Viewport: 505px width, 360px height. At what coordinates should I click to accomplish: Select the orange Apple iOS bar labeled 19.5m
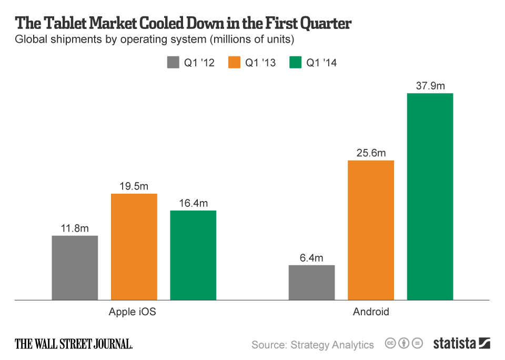click(x=134, y=247)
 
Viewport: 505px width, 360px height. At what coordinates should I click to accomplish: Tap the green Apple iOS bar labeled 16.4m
click(x=193, y=255)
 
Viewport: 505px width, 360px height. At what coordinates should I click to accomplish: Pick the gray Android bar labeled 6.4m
click(x=312, y=282)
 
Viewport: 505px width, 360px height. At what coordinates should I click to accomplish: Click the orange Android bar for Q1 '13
click(x=371, y=230)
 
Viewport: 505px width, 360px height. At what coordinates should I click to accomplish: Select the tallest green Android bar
click(x=430, y=196)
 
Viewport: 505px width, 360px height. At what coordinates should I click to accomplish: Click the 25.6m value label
click(x=371, y=153)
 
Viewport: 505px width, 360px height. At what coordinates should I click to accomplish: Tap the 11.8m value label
click(x=75, y=228)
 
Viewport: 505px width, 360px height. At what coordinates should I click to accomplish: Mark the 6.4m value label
click(x=312, y=258)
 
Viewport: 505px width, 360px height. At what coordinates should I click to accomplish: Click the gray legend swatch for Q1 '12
click(x=173, y=63)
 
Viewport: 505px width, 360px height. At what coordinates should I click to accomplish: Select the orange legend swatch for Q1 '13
click(x=235, y=63)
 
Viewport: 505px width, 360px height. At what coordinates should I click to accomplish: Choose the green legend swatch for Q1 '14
click(x=296, y=63)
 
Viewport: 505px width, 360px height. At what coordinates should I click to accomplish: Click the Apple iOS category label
click(x=133, y=312)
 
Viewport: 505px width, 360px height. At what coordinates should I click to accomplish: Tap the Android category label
click(x=371, y=312)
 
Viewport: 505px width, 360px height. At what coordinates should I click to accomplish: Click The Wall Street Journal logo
click(x=74, y=344)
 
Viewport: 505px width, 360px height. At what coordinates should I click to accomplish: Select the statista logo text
click(x=454, y=344)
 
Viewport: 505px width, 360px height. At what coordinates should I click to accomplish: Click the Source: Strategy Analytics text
click(x=312, y=345)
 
